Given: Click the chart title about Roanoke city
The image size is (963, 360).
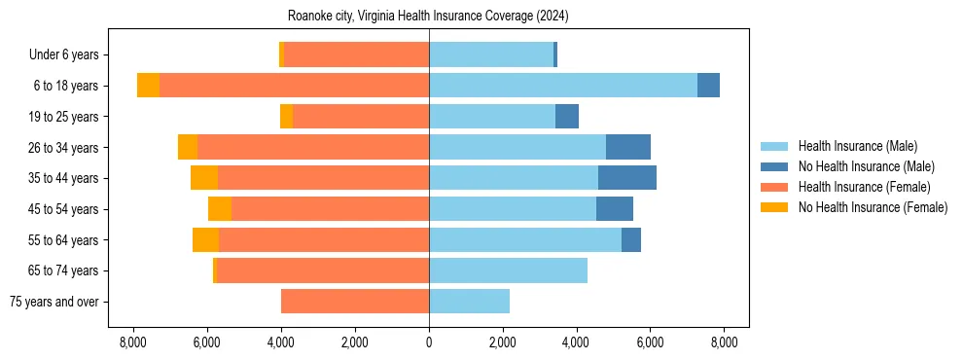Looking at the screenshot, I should [x=428, y=17].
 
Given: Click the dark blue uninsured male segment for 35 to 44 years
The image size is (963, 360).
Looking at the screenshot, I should [x=627, y=178].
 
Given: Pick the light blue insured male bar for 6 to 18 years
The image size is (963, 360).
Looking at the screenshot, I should [x=562, y=86].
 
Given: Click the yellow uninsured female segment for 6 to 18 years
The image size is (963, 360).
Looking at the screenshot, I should [x=148, y=86].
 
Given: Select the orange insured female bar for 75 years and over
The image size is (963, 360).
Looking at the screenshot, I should [x=355, y=302].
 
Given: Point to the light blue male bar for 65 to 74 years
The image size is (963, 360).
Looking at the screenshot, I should [x=508, y=270].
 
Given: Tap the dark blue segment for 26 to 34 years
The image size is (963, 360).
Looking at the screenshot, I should [x=628, y=147].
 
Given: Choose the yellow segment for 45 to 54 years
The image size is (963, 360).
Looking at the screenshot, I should [x=220, y=209].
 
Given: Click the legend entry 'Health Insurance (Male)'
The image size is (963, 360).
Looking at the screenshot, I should [x=857, y=146].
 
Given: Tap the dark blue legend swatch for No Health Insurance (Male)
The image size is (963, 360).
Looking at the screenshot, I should [x=775, y=166].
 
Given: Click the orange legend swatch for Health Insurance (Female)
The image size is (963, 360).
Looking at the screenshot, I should [x=775, y=187].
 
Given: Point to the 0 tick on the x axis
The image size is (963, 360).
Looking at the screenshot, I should [x=429, y=342].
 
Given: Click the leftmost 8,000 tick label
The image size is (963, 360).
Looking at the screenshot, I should [x=133, y=342].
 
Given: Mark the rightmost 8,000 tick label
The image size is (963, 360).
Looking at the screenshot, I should [x=724, y=342].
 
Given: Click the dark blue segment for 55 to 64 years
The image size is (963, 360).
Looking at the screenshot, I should [x=631, y=239].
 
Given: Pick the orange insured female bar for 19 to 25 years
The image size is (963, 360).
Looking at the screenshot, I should [x=361, y=117].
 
